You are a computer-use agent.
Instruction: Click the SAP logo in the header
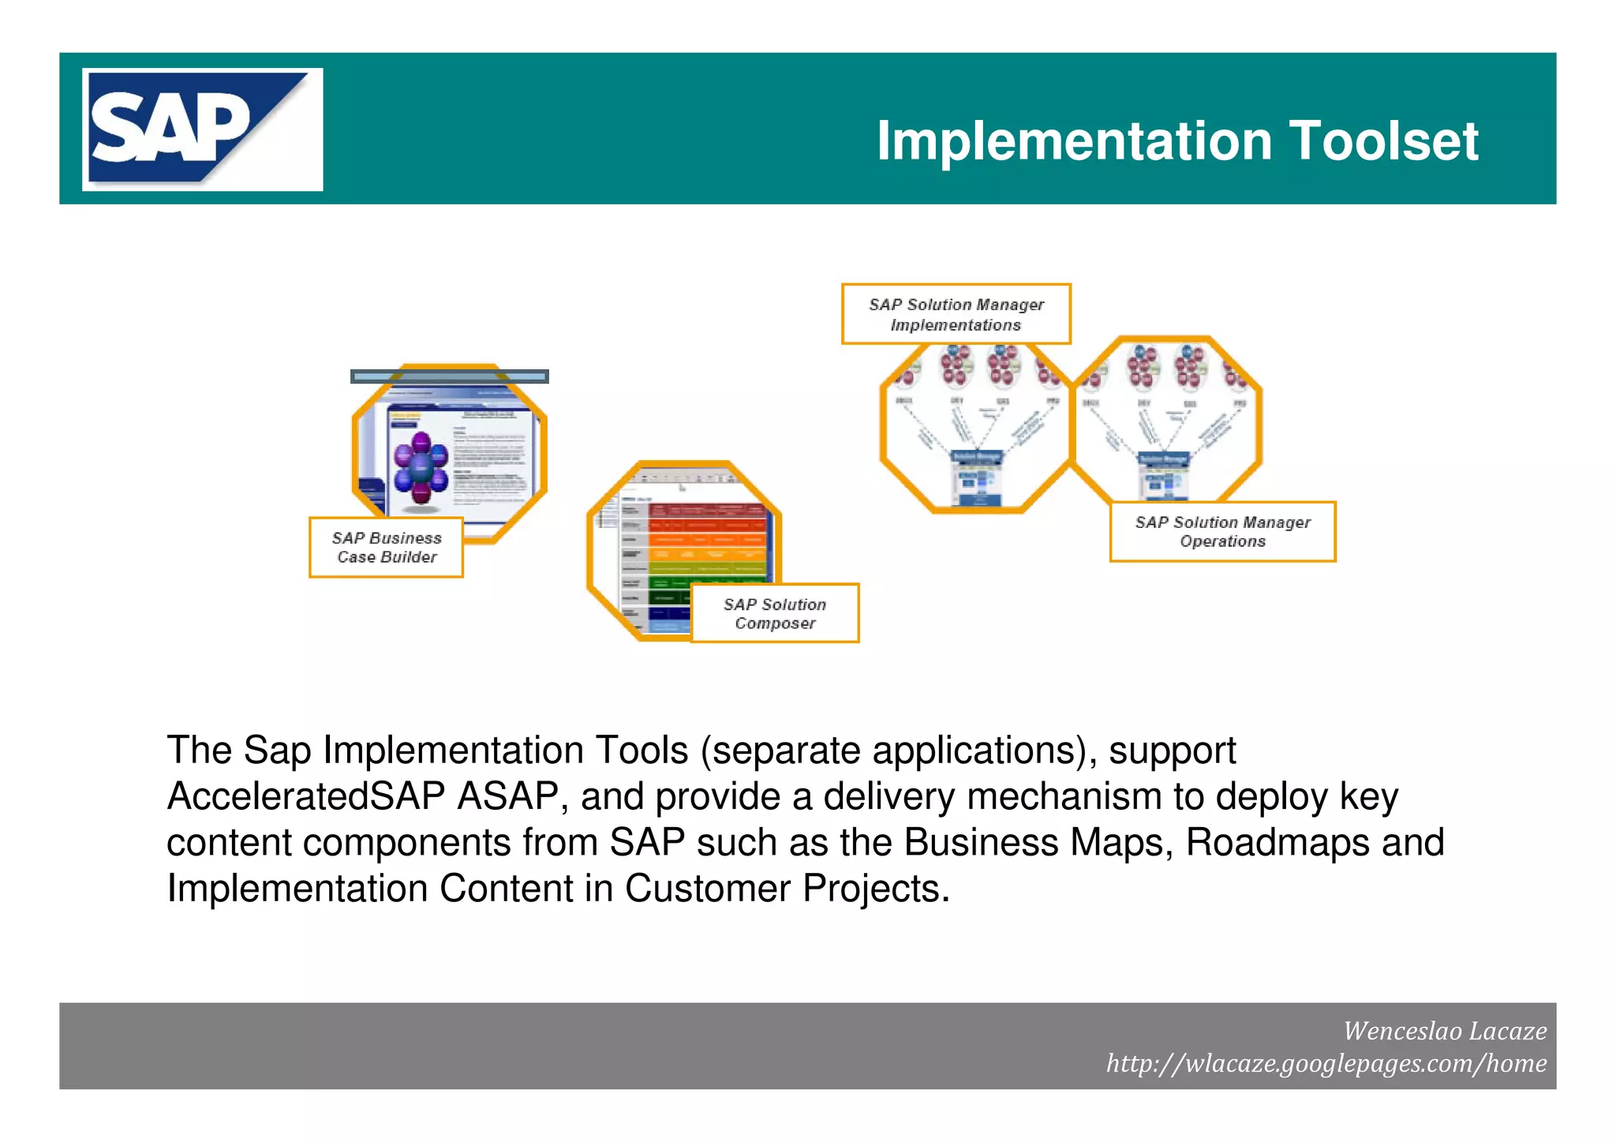pyautogui.click(x=202, y=129)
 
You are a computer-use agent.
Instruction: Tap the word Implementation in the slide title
pyautogui.click(x=1074, y=141)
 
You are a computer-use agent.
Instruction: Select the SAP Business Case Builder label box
pyautogui.click(x=386, y=547)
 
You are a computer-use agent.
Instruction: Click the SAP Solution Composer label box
pyautogui.click(x=774, y=613)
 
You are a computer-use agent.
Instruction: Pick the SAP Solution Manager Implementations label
pyautogui.click(x=956, y=314)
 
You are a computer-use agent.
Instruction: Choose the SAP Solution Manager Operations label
pyautogui.click(x=1222, y=531)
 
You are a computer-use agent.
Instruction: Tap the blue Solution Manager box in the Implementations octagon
pyautogui.click(x=977, y=458)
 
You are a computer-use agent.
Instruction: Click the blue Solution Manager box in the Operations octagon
pyautogui.click(x=1163, y=459)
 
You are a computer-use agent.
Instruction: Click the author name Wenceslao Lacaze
pyautogui.click(x=1444, y=1031)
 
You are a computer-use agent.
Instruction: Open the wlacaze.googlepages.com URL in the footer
pyautogui.click(x=1326, y=1063)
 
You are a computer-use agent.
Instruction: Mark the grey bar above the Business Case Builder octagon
pyautogui.click(x=449, y=376)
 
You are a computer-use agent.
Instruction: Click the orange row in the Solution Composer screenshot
pyautogui.click(x=706, y=541)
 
